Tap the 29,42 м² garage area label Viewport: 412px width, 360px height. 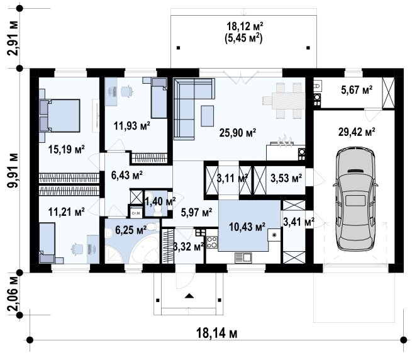click(x=356, y=132)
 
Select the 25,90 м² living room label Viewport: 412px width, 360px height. click(x=238, y=133)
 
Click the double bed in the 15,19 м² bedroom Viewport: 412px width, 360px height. click(x=60, y=115)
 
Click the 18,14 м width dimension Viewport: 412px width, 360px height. click(x=217, y=334)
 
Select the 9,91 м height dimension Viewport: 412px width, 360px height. click(x=13, y=170)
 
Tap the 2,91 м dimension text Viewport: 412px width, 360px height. click(x=13, y=38)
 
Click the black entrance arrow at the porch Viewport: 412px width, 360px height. click(x=189, y=296)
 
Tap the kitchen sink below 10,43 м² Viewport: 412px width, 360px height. click(x=243, y=257)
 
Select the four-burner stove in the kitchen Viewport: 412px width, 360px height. click(x=212, y=242)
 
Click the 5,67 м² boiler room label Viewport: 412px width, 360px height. click(x=357, y=90)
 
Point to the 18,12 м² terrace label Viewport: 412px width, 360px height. click(x=245, y=26)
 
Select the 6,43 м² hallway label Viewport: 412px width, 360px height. click(x=127, y=175)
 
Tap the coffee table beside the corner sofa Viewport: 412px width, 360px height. click(x=208, y=116)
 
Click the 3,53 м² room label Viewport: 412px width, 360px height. click(x=286, y=178)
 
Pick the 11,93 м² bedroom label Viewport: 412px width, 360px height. click(x=132, y=126)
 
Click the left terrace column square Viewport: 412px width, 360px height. click(x=179, y=48)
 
